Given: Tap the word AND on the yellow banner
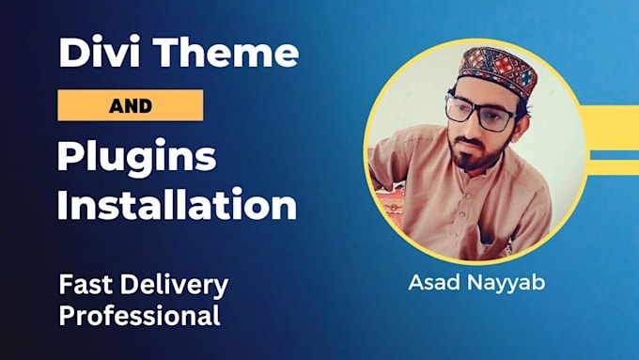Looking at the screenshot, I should (x=131, y=105).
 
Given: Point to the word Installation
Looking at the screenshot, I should (x=176, y=204).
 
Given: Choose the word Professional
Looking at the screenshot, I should (x=139, y=315).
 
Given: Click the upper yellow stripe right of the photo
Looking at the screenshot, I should (x=612, y=119).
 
